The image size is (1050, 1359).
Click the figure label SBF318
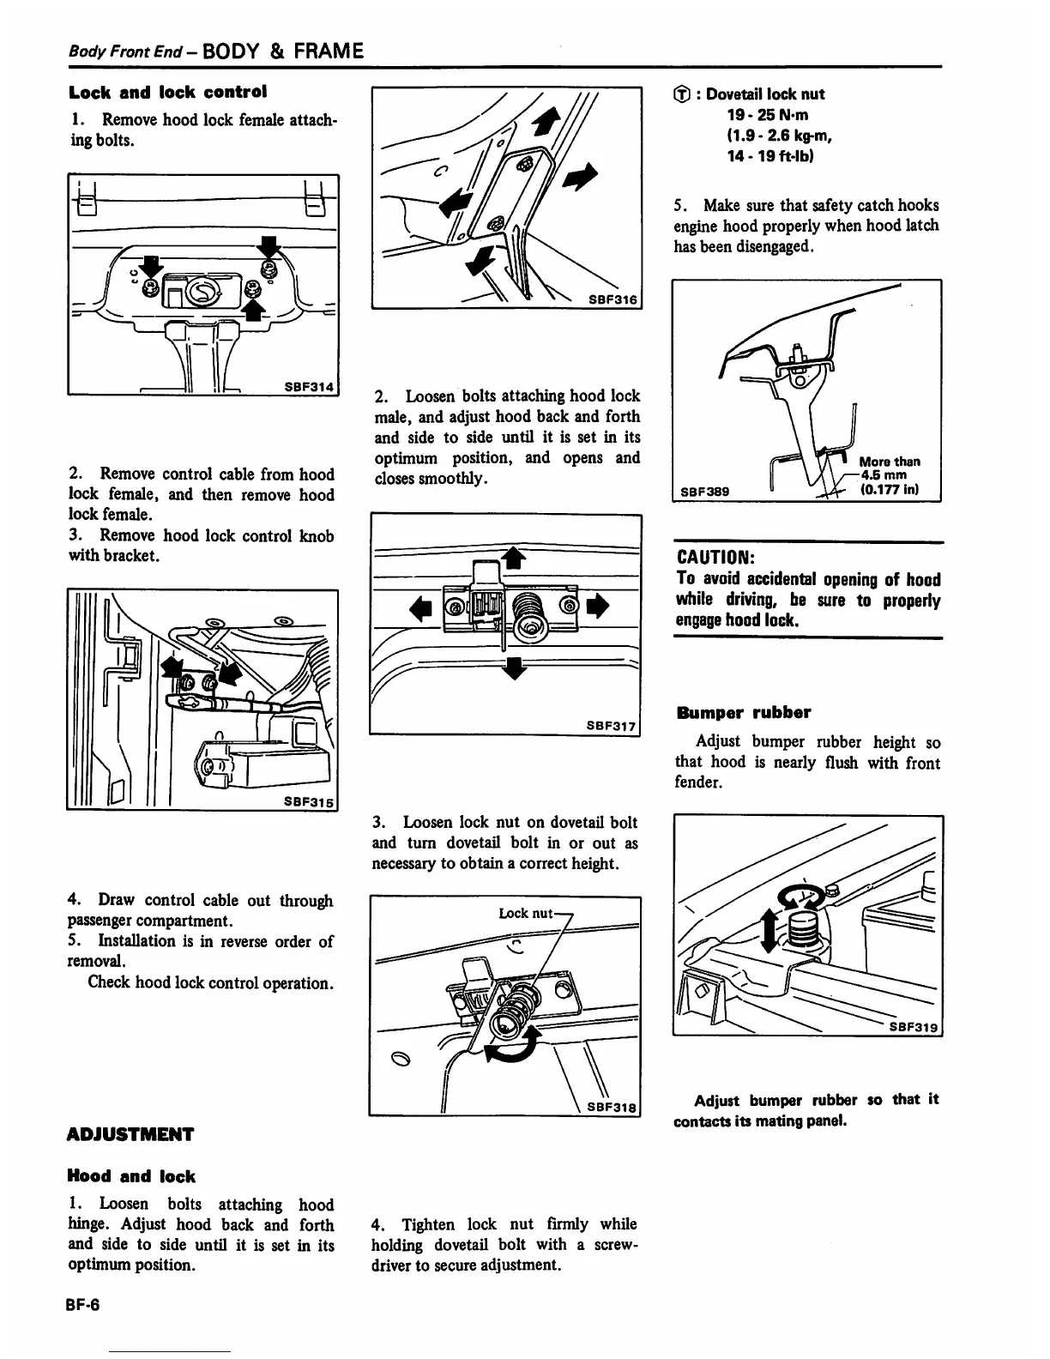612,1107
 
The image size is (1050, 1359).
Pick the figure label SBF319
914,1027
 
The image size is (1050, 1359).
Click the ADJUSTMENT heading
130,1135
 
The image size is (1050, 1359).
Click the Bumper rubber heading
743,712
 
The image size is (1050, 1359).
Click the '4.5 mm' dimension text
883,476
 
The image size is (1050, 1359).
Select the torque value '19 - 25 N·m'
768,115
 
